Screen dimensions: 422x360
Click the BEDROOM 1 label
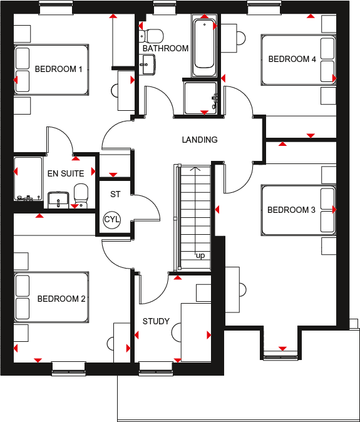[59, 69]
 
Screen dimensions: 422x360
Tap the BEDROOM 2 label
[61, 299]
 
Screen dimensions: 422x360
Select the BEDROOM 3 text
[291, 210]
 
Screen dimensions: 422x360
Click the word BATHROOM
[165, 48]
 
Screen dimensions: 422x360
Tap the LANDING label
[200, 140]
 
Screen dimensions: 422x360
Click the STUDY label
[156, 321]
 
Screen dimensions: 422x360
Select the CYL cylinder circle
[111, 219]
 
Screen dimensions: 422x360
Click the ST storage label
[115, 194]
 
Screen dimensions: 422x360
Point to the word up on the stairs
[200, 256]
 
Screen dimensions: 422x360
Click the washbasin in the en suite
[58, 198]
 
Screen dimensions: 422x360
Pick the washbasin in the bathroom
[148, 63]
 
